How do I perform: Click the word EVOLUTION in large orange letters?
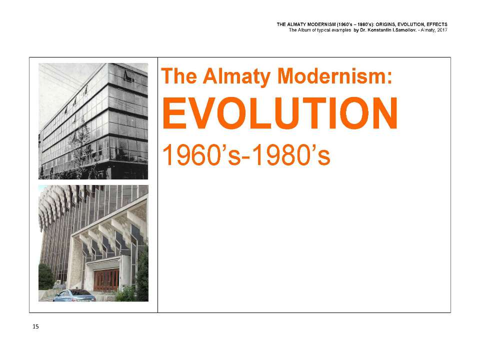(279, 113)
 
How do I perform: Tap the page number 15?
(35, 326)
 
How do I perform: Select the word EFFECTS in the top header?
(437, 24)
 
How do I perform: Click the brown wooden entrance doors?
(106, 280)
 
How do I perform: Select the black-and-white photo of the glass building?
(93, 121)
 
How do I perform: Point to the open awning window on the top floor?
(129, 75)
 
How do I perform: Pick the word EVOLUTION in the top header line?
(411, 24)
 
